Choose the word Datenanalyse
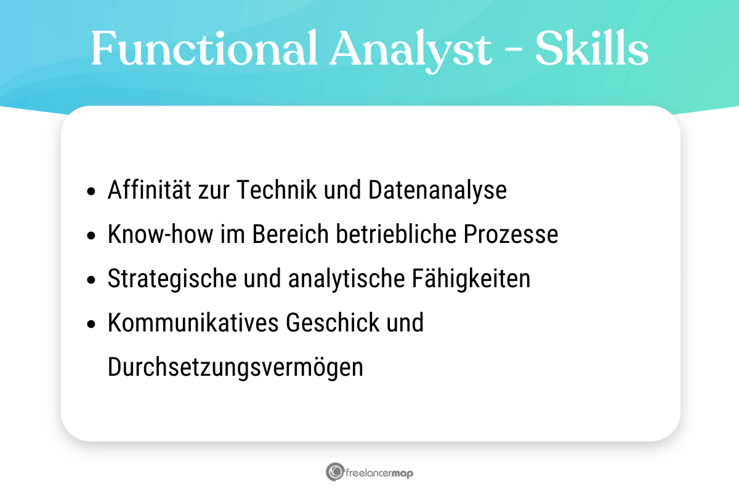[x=437, y=191]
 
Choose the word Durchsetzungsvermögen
[x=235, y=368]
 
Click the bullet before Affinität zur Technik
[x=92, y=192]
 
